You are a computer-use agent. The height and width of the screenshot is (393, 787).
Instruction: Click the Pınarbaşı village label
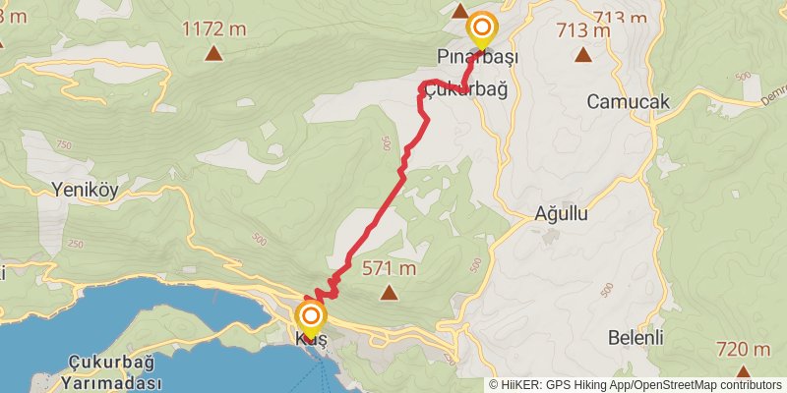click(x=478, y=59)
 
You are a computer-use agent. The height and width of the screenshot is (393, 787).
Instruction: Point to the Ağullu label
click(x=561, y=213)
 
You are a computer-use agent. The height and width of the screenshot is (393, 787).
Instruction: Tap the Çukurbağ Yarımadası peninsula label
click(x=113, y=370)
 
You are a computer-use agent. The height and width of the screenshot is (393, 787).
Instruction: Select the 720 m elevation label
click(x=743, y=349)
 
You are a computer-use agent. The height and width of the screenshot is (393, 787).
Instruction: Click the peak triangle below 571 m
click(x=390, y=291)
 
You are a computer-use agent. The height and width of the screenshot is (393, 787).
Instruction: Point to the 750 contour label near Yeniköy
click(x=65, y=144)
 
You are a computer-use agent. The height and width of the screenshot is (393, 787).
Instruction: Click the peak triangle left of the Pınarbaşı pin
click(x=458, y=12)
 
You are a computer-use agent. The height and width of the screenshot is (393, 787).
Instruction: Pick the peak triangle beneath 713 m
click(x=584, y=55)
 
